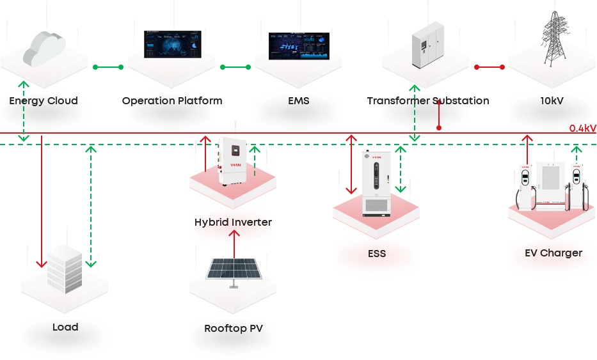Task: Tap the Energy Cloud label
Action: coord(44,101)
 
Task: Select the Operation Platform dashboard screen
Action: coord(172,45)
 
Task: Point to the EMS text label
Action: coord(299,101)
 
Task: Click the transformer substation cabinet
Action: coord(426,45)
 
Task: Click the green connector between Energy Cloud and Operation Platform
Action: coord(107,67)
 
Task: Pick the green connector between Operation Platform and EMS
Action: coord(235,67)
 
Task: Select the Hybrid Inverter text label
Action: coord(233,223)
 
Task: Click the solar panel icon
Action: coord(233,269)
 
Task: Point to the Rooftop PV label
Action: coord(233,329)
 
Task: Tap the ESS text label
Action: coord(377,254)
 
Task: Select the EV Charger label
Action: coord(553,253)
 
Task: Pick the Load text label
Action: coord(65,327)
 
